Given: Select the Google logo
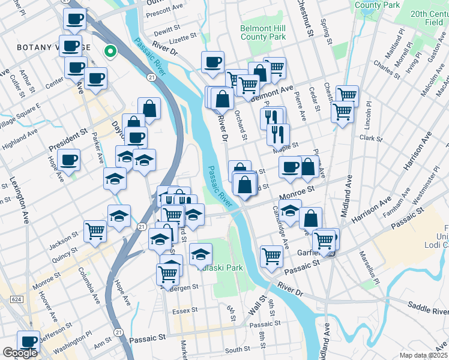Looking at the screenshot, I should (20, 353).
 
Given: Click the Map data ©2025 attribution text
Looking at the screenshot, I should (423, 355).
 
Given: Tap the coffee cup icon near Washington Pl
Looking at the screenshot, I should (28, 341).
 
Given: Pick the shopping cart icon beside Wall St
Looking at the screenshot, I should (271, 256).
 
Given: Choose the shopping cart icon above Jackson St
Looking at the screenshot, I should (95, 230).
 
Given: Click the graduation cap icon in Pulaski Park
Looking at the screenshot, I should (200, 254).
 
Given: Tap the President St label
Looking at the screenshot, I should (68, 140).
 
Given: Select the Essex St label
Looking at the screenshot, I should (184, 311).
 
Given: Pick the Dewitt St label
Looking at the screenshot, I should (167, 29).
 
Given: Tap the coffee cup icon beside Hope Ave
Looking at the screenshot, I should (70, 160).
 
